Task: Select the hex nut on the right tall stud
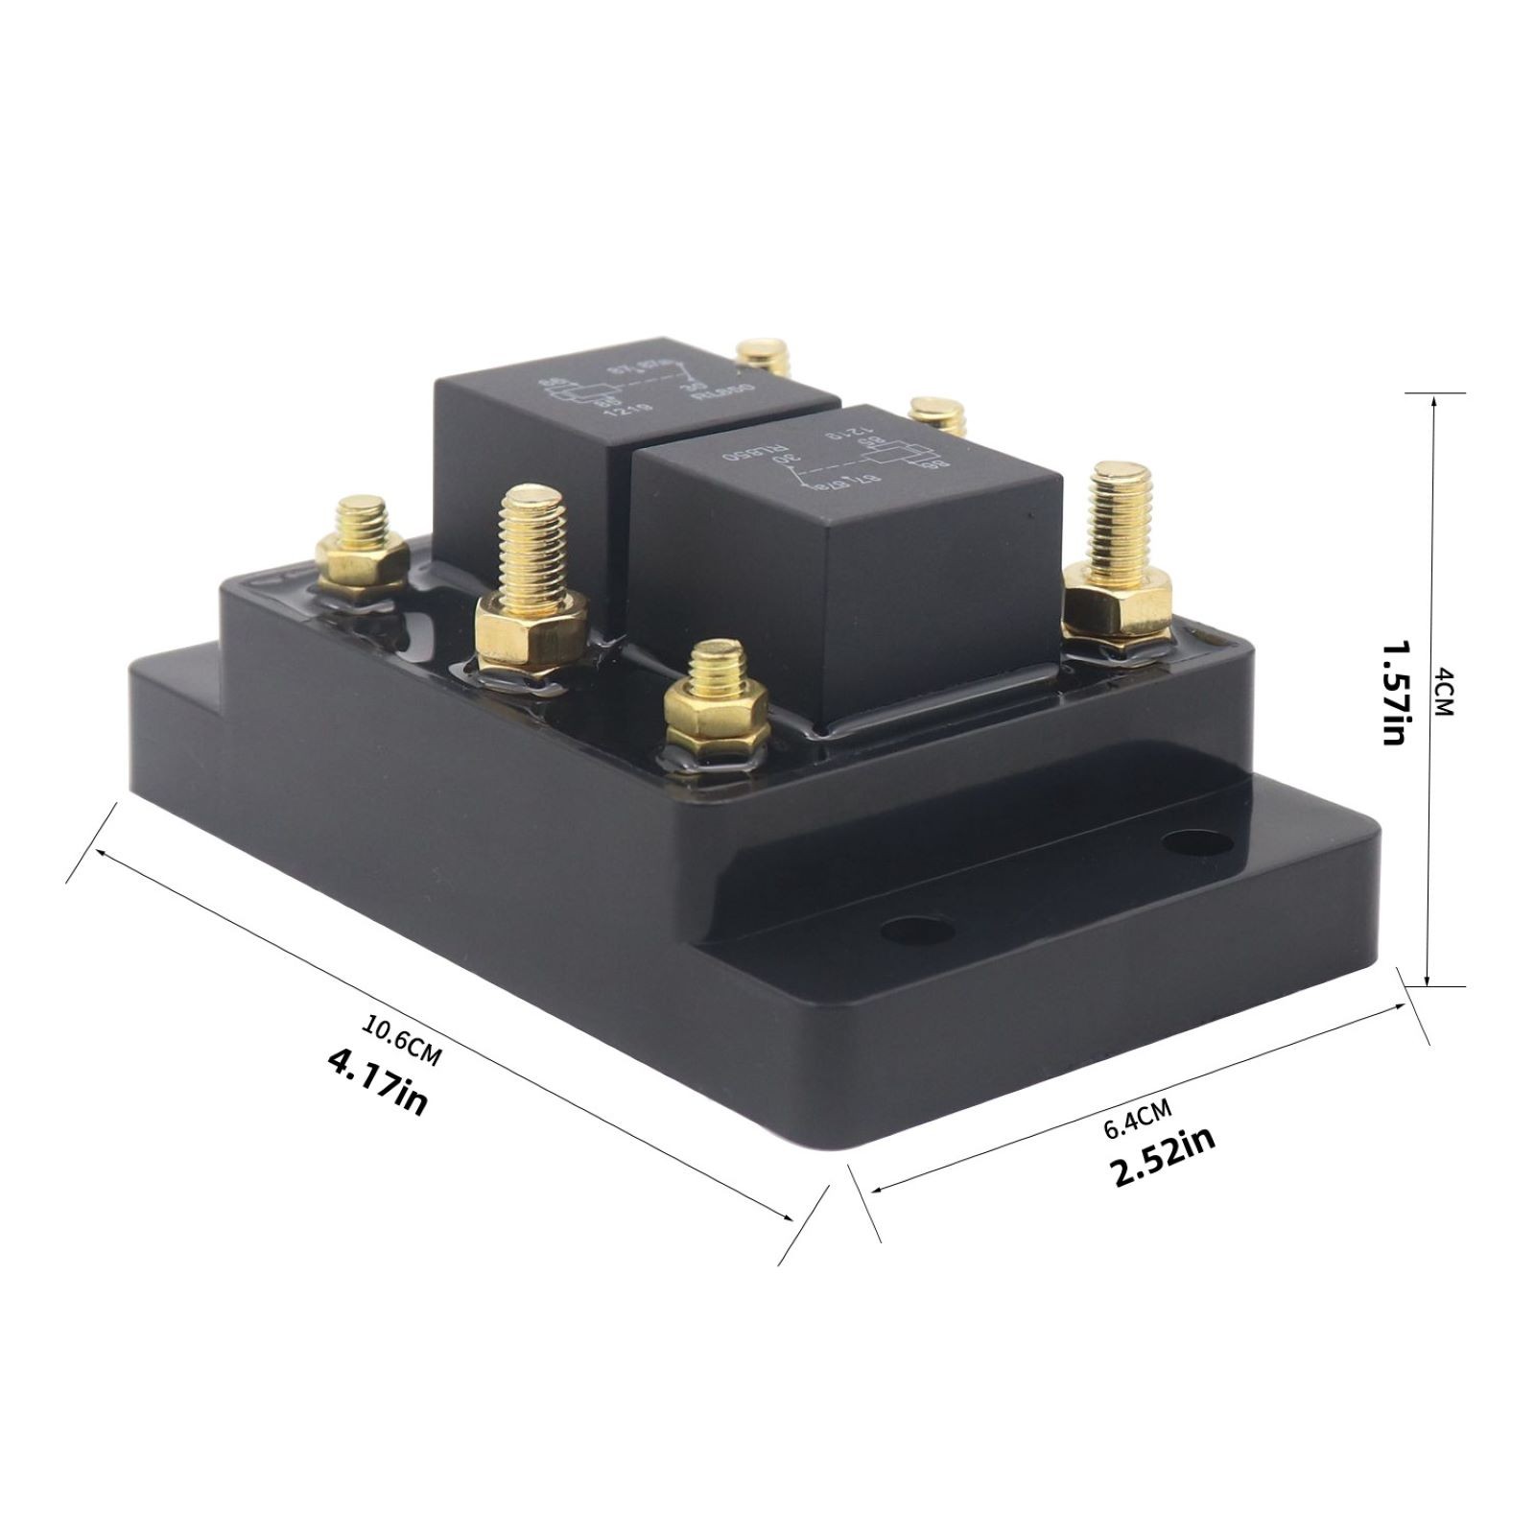(x=1119, y=603)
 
